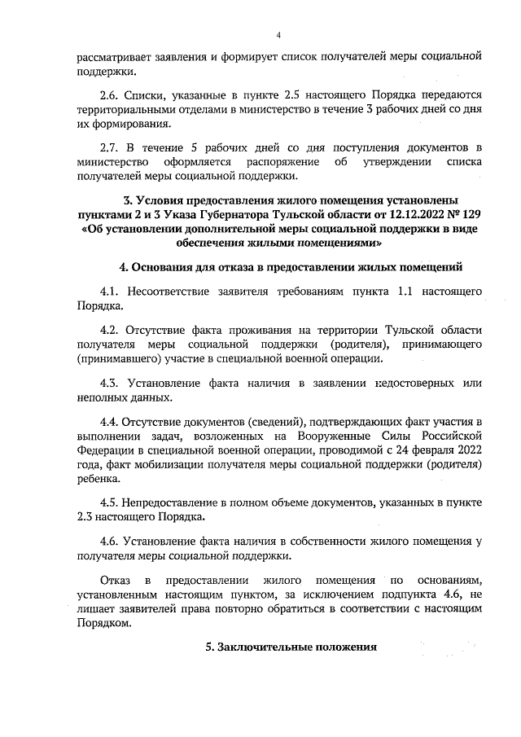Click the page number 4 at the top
(x=278, y=35)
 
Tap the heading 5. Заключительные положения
(x=291, y=647)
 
